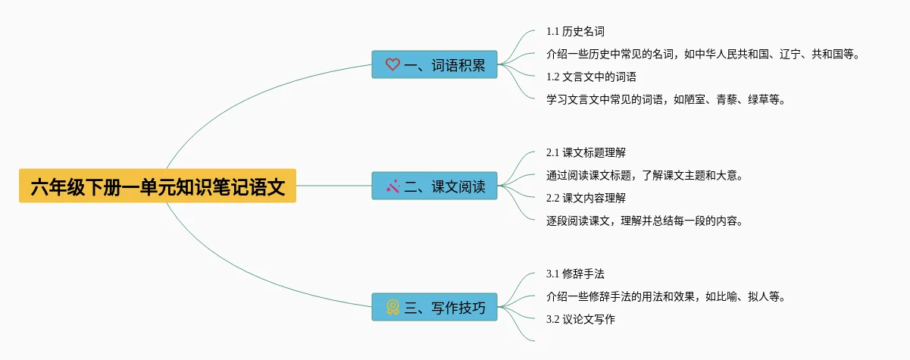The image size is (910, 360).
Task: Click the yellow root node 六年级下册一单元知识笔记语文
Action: coord(158,186)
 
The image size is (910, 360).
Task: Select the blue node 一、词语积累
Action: coord(434,65)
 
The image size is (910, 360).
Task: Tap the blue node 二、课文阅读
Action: coord(434,186)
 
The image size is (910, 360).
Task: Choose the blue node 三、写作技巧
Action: coord(434,307)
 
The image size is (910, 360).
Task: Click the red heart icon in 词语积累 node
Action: coord(392,65)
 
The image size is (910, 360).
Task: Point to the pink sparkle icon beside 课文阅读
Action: coord(392,186)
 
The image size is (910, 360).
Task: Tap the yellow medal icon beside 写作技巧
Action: coord(392,307)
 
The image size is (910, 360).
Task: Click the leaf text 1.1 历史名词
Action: coord(575,32)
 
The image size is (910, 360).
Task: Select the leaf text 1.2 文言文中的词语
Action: coord(591,77)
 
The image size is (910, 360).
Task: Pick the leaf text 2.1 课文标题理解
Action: coord(586,153)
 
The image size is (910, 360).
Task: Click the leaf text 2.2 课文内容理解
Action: coord(586,198)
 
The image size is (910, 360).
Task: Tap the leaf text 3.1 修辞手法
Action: coord(575,274)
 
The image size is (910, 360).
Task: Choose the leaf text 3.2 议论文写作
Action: coord(580,319)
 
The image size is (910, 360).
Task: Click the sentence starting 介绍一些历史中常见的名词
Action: coord(703,55)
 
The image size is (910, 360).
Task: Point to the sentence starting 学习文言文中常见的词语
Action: coord(666,99)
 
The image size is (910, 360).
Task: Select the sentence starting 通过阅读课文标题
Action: coord(645,176)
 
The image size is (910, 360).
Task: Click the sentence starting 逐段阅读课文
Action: coord(645,221)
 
